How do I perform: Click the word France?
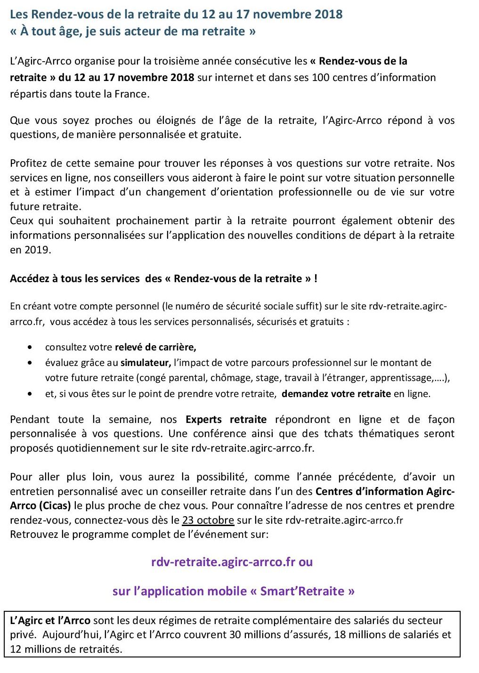tap(133, 94)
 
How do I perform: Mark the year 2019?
tap(36, 250)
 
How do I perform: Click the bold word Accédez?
tap(28, 279)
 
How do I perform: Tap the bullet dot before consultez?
tap(30, 348)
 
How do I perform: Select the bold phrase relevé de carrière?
tap(155, 348)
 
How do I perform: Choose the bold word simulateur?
tap(146, 363)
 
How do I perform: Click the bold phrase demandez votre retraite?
tap(336, 394)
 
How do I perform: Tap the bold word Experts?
tap(203, 420)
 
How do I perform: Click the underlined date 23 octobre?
tap(208, 520)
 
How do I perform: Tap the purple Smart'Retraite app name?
tap(302, 592)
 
